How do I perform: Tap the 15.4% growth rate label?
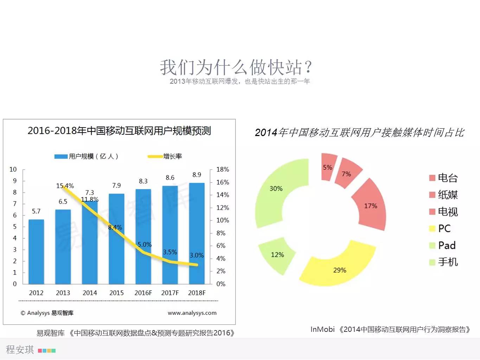65,186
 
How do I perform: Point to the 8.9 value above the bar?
197,175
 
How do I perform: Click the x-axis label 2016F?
143,293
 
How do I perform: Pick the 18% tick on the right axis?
223,169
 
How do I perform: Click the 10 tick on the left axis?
13,169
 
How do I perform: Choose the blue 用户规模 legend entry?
87,156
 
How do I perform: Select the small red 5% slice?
328,167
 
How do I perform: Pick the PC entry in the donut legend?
444,229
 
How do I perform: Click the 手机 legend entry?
447,262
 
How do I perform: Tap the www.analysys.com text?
192,313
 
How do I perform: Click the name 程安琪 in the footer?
20,349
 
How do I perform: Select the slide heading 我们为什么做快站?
236,67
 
